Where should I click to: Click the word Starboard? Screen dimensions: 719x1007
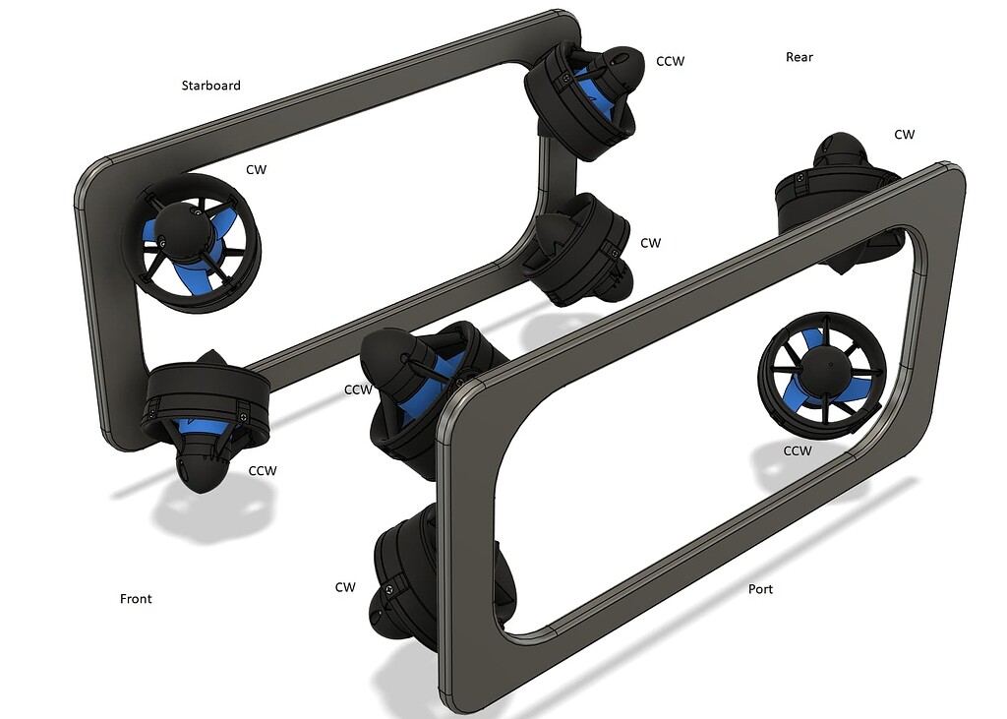pos(210,86)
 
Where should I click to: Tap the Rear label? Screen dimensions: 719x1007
pos(799,57)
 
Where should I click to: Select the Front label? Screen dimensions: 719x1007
pos(136,598)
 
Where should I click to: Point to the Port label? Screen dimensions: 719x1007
pos(760,589)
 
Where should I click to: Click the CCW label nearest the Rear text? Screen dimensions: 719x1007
pos(670,61)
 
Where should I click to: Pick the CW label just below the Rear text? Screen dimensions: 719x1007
pos(904,134)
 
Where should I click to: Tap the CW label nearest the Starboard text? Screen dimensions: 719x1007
pos(256,169)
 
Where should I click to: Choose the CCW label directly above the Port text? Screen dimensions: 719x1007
pos(797,450)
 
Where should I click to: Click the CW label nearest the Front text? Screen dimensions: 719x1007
pos(344,587)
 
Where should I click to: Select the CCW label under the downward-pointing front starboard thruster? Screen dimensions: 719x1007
pos(263,470)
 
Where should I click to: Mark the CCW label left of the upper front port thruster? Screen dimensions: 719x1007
pos(358,389)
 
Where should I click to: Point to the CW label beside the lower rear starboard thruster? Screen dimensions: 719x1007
pos(650,242)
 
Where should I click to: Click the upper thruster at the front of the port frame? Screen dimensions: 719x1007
pos(418,384)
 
